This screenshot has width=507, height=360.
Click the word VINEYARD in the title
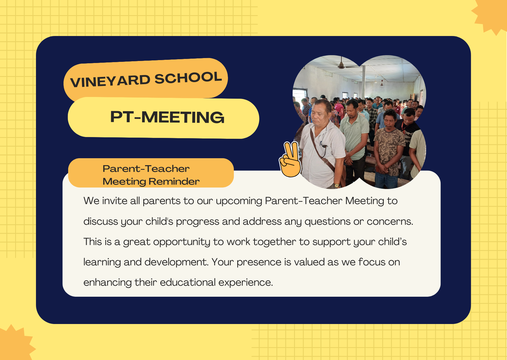tap(110, 81)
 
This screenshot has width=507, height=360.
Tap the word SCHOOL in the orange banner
tap(188, 78)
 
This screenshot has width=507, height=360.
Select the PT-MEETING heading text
tap(167, 117)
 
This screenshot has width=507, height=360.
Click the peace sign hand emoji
tap(290, 159)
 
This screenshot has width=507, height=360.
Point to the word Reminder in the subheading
tap(174, 181)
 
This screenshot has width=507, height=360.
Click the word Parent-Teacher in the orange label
tap(146, 169)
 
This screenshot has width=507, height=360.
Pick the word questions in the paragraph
tap(327, 222)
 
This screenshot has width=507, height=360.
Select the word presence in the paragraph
tap(259, 262)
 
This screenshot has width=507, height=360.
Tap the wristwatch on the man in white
tap(336, 185)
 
